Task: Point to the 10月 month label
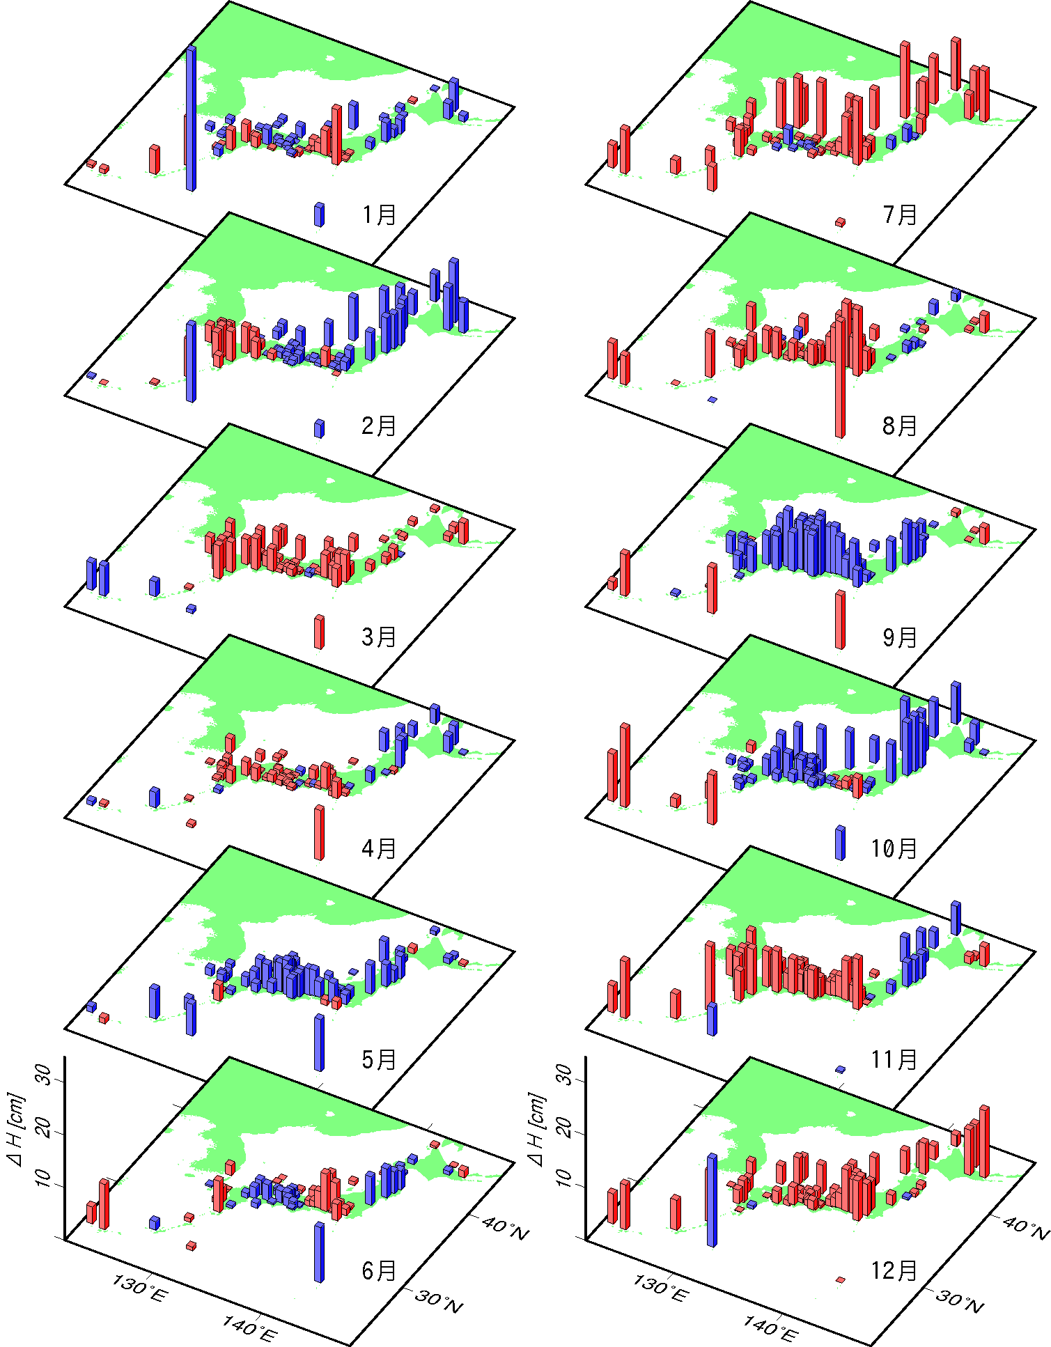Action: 894,848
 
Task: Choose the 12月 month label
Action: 894,1270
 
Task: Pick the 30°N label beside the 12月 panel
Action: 960,1302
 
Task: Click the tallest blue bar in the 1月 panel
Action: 191,118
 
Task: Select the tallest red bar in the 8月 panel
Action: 840,376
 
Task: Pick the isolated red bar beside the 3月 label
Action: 319,632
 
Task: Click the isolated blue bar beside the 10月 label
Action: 840,843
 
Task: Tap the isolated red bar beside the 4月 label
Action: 319,832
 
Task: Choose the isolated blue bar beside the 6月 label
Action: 319,1252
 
